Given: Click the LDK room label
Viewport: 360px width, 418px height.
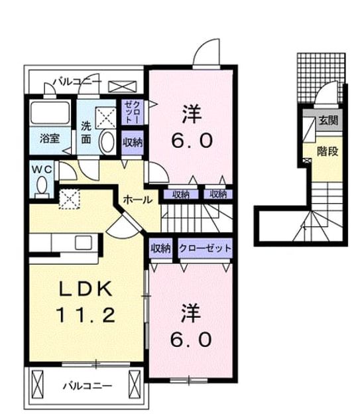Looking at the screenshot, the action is click(86, 289).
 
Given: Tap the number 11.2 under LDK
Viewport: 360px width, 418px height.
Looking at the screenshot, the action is click(86, 314).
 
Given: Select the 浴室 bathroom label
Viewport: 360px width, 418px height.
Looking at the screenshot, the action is click(50, 139).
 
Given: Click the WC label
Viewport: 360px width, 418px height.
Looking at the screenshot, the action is click(42, 170).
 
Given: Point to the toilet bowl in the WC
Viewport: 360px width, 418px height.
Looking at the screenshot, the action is click(42, 186).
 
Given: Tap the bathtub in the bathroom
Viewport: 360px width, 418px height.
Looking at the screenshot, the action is click(50, 113).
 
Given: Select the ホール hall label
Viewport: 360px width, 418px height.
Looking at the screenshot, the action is click(138, 199).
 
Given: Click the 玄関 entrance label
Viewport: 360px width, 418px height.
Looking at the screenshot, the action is click(329, 121).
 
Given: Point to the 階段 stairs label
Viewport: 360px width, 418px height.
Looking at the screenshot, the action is click(328, 151).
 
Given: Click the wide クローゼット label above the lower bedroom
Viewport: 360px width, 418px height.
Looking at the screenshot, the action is click(205, 248).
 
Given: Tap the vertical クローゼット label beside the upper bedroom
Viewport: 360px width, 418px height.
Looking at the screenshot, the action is click(132, 111).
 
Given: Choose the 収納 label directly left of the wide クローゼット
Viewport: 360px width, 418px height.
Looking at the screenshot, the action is click(160, 248).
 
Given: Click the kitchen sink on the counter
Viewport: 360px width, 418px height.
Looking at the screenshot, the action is click(83, 242).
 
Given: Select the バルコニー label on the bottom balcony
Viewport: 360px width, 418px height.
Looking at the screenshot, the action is click(88, 385).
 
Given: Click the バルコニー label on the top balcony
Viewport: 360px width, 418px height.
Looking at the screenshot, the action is click(77, 81).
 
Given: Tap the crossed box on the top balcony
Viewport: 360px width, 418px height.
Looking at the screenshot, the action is click(122, 87).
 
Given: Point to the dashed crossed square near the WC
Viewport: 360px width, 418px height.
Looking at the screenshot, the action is click(70, 199).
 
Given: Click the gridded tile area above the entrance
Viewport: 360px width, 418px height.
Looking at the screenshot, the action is click(321, 78).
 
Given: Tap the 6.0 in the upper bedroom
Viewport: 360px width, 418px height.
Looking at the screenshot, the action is click(192, 141).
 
